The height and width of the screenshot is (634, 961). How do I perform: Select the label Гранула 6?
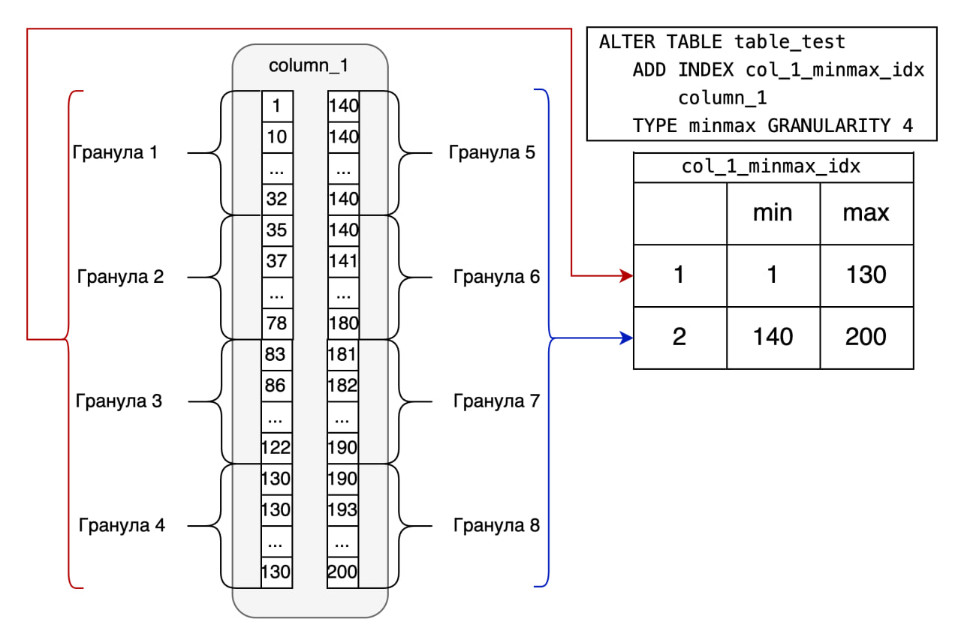pos(496,277)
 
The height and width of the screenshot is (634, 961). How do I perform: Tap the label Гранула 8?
pos(496,525)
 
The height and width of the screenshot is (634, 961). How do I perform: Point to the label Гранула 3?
pos(119,401)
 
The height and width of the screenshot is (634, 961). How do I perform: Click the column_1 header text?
pos(309,65)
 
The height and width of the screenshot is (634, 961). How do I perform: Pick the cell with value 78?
pos(277,323)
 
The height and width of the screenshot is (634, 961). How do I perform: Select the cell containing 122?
pos(276,448)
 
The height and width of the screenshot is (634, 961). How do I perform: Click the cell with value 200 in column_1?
pos(343,572)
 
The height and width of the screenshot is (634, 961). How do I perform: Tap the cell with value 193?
pos(343,510)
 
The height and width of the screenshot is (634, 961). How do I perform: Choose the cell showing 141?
pos(343,261)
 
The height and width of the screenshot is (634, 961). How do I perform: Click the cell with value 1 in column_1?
pos(277,107)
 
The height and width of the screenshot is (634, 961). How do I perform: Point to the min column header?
pos(773,213)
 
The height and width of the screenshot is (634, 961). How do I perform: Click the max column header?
pos(866,213)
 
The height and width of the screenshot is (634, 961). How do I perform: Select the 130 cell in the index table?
pos(866,275)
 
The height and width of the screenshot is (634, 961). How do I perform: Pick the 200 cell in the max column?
pos(866,337)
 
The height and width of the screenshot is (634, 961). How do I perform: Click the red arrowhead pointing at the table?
pos(627,276)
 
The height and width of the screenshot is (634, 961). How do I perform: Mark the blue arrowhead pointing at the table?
pos(627,338)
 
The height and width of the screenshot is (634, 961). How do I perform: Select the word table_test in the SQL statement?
pos(790,41)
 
